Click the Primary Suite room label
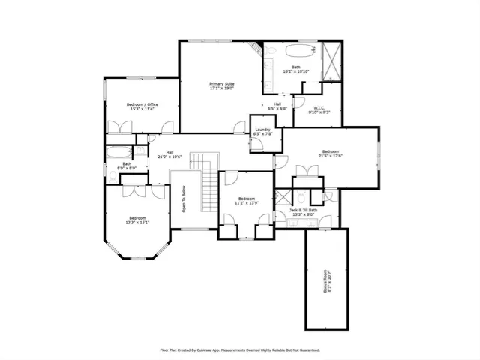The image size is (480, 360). [222, 83]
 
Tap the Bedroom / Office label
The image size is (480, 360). [141, 103]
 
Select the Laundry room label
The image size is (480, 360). [262, 130]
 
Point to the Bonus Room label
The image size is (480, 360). [326, 280]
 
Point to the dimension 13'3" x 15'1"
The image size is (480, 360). [138, 222]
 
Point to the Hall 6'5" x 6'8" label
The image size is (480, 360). [277, 106]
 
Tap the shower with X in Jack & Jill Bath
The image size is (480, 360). [283, 198]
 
